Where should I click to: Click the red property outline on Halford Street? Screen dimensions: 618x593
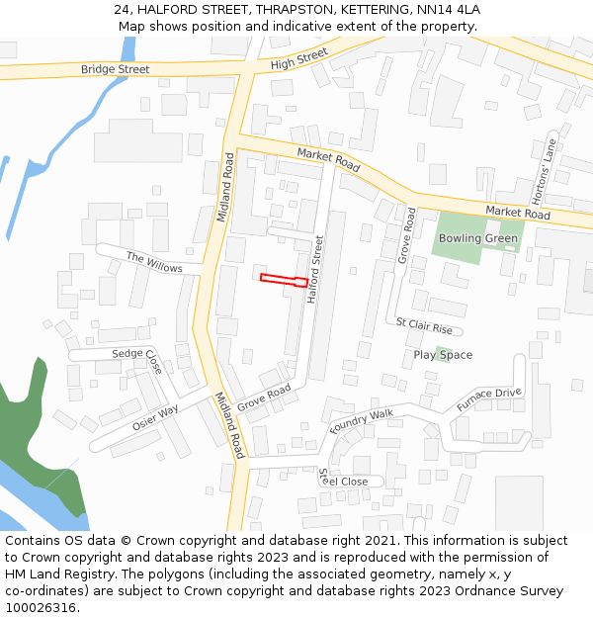283,281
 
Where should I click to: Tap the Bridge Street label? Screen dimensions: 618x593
116,69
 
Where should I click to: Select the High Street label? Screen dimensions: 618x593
298,59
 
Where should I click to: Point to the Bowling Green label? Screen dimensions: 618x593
478,238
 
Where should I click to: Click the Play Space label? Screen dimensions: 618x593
443,355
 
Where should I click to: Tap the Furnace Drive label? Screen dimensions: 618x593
488,399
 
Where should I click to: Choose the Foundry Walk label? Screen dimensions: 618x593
362,420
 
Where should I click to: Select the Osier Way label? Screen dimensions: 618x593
155,416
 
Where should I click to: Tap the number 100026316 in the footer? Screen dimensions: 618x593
41,607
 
